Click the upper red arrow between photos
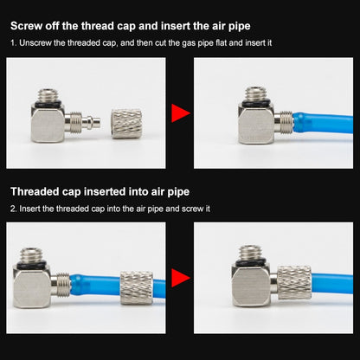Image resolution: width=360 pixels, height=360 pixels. pyautogui.click(x=179, y=113)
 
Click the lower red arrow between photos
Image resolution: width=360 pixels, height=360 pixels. pyautogui.click(x=179, y=278)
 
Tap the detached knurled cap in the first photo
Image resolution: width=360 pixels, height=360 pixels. pyautogui.click(x=126, y=124)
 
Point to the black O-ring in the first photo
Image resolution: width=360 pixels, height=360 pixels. pyautogui.click(x=48, y=102)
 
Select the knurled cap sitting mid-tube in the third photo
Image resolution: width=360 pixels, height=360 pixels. pyautogui.click(x=137, y=287)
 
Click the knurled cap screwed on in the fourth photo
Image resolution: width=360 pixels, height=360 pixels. pyautogui.click(x=294, y=283)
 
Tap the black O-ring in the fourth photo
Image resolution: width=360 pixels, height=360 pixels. pyautogui.click(x=249, y=262)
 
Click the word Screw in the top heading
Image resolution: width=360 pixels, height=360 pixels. pyautogui.click(x=26, y=26)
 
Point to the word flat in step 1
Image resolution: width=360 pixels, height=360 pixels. pyautogui.click(x=222, y=43)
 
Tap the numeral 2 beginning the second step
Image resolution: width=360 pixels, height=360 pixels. pyautogui.click(x=13, y=209)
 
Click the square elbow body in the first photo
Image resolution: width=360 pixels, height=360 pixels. pyautogui.click(x=48, y=123)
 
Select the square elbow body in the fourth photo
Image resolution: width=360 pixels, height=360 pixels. pyautogui.click(x=250, y=286)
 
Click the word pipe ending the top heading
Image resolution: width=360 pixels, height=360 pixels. pyautogui.click(x=240, y=27)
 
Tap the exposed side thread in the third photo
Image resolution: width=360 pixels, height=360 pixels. pyautogui.click(x=62, y=285)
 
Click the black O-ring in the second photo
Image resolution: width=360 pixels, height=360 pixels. pyautogui.click(x=256, y=102)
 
